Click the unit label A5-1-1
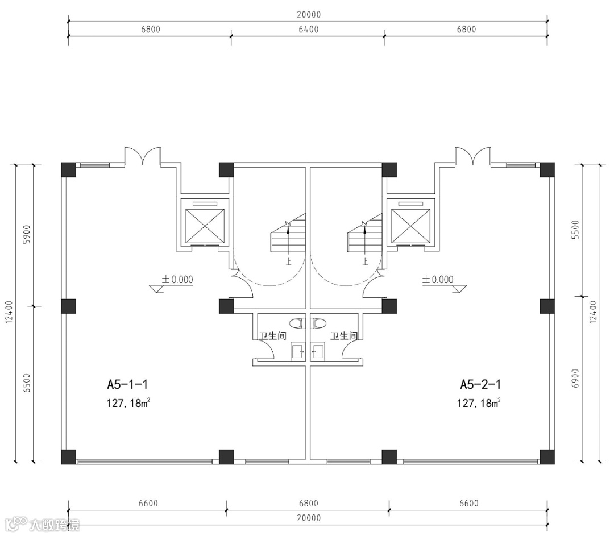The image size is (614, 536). [127, 384]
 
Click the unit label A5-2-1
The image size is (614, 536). [480, 384]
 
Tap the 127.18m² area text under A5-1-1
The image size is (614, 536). [128, 403]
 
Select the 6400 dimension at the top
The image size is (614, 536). [309, 30]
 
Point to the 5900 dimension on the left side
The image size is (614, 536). [27, 234]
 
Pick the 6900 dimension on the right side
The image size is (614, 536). [575, 378]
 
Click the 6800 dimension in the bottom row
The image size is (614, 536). [309, 503]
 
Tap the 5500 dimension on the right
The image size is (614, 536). [575, 230]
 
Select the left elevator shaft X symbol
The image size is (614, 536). [205, 226]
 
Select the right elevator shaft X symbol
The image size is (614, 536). [410, 226]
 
